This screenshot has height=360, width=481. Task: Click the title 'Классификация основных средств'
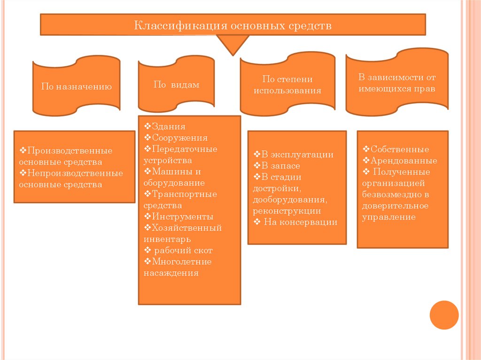tap(233, 25)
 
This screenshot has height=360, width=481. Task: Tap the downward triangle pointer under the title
tap(233, 44)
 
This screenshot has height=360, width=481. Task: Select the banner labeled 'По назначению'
tap(76, 86)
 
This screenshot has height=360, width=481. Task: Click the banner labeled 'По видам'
tap(176, 84)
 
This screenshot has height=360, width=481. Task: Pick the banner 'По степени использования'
tap(287, 85)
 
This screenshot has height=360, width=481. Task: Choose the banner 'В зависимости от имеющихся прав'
tap(397, 83)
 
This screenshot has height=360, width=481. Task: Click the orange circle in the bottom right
tap(444, 314)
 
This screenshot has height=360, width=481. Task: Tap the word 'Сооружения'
tap(177, 138)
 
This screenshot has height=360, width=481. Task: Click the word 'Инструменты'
tap(179, 217)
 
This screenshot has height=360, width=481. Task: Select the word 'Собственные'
tap(399, 150)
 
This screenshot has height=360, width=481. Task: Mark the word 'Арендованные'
tap(403, 161)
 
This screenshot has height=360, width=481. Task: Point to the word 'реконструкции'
tap(287, 211)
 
